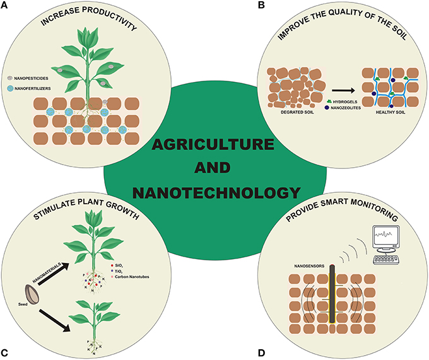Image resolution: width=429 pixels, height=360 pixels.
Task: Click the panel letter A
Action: (x=6, y=6)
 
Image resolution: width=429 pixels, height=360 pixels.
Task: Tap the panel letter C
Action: (x=6, y=351)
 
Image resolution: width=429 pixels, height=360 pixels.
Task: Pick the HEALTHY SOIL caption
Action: (x=386, y=112)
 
